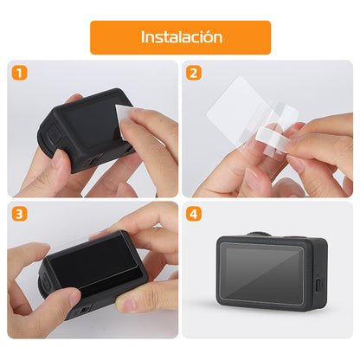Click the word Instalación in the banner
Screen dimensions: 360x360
click(x=181, y=37)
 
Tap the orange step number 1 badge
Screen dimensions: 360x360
click(x=19, y=74)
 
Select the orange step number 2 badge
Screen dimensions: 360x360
click(x=194, y=74)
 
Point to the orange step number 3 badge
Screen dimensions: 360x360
click(x=19, y=214)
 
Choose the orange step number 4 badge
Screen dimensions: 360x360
click(x=194, y=214)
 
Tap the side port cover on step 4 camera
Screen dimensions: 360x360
click(x=318, y=285)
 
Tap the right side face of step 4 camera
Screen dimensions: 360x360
click(x=317, y=273)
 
